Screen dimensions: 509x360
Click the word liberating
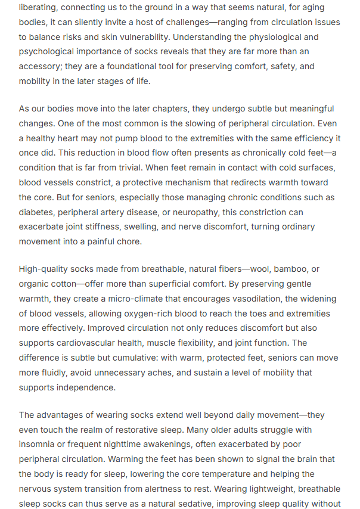39,8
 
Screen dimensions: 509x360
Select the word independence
86,387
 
